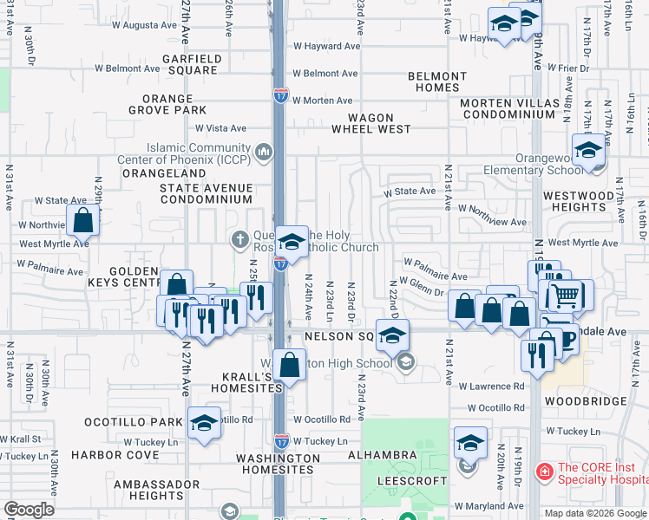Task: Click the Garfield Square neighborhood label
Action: (193, 65)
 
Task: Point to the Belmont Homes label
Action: (434, 82)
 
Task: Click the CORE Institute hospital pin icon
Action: (544, 471)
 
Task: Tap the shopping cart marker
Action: (566, 296)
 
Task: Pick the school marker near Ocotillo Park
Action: (204, 423)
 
